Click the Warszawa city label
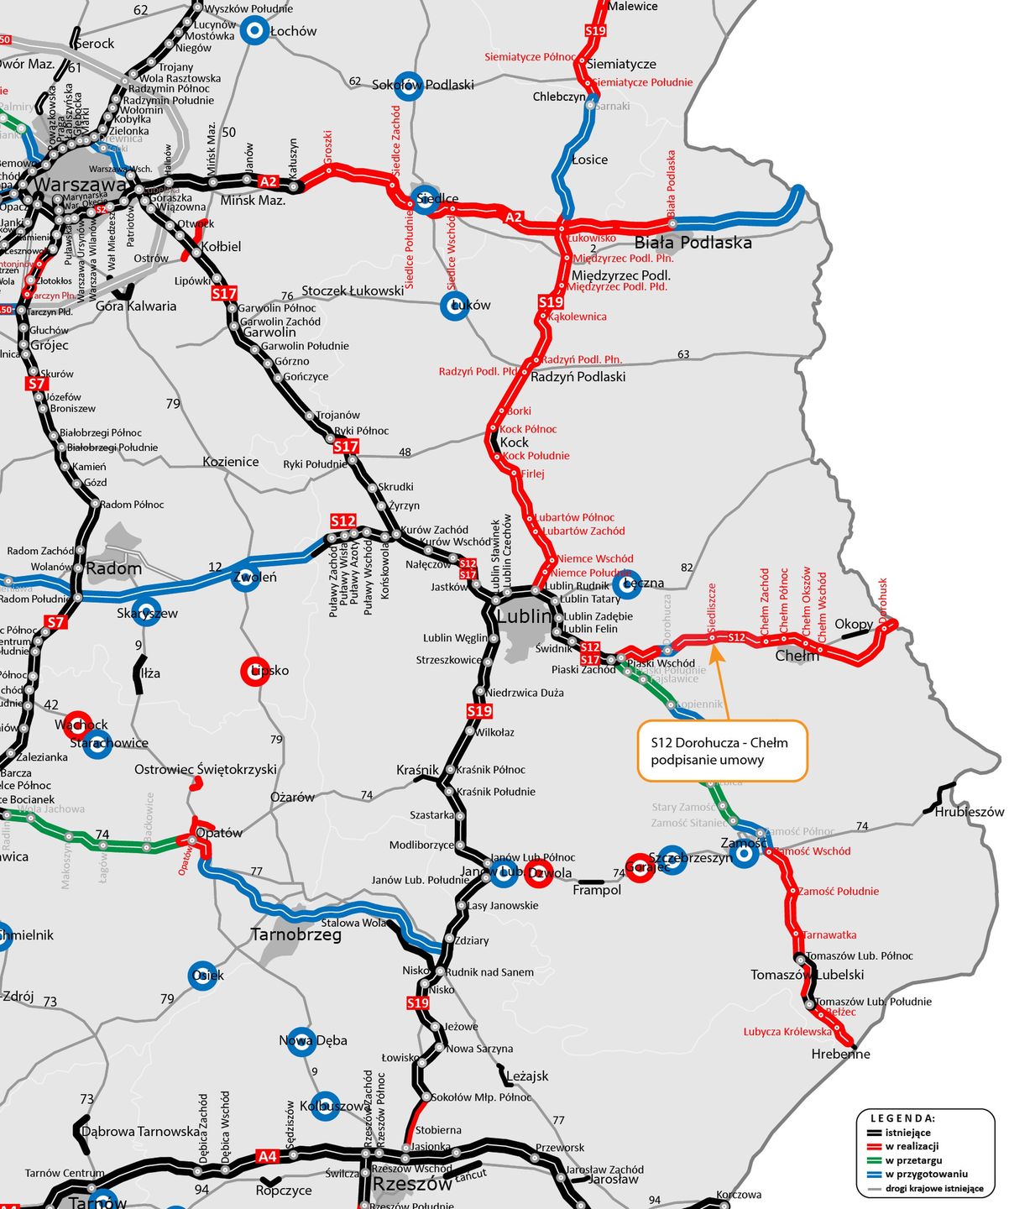tap(81, 184)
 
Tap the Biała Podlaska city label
tap(693, 243)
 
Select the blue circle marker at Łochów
tap(254, 31)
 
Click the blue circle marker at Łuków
tap(454, 306)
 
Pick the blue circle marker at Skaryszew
tap(147, 613)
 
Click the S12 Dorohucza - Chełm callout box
tap(722, 751)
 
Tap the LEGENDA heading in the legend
tap(902, 1118)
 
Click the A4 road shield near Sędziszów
tap(267, 1157)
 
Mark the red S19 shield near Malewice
tap(595, 31)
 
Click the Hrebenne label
tap(840, 1055)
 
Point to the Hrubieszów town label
tap(970, 812)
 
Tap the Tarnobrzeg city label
tap(296, 935)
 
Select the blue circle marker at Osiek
tap(202, 976)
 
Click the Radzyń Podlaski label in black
tap(578, 377)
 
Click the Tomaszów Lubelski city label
tap(807, 975)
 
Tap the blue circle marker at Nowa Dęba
tap(301, 1041)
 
